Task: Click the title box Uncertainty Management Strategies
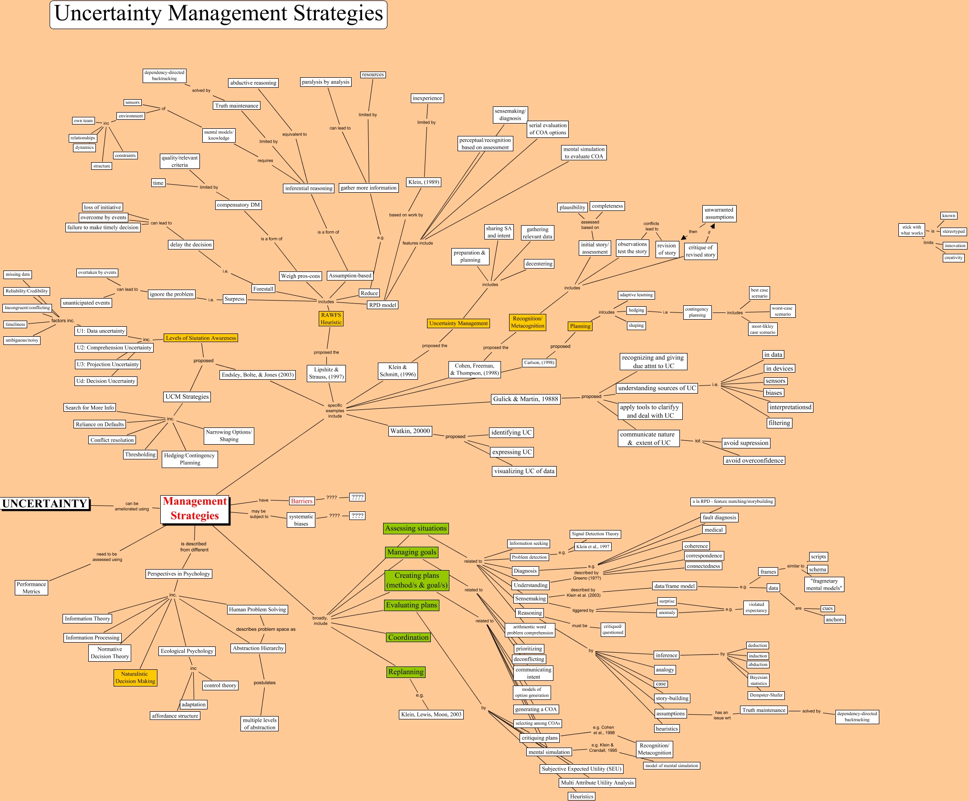[219, 14]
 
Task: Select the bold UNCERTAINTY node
[45, 504]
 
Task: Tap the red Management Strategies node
[195, 509]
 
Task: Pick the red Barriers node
[302, 501]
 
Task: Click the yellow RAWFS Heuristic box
[331, 319]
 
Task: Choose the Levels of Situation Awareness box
[200, 338]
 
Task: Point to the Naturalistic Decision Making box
[135, 677]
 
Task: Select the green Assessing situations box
[416, 528]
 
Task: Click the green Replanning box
[406, 672]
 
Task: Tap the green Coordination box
[408, 637]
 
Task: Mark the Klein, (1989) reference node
[424, 182]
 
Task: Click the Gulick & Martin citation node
[525, 399]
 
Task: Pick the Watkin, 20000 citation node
[410, 431]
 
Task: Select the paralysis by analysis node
[326, 82]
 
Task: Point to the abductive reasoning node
[253, 83]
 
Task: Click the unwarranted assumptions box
[719, 214]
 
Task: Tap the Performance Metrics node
[31, 588]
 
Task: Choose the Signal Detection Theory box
[595, 534]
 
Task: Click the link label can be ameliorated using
[132, 506]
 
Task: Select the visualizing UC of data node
[524, 471]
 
